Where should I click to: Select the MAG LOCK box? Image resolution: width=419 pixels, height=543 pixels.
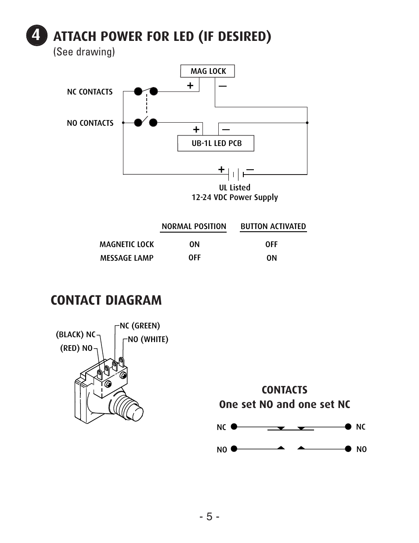coord(208,71)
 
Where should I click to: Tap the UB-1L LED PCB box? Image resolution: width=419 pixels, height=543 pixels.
coord(216,143)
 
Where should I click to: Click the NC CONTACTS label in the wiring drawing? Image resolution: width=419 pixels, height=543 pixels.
coord(90,92)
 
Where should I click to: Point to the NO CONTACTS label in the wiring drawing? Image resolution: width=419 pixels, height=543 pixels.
coord(90,123)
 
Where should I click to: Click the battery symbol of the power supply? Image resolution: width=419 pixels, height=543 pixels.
coord(236,174)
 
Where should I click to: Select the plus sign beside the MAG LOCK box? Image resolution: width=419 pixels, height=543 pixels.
coord(190,86)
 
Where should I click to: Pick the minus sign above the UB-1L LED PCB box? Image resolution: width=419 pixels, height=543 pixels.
coord(226,129)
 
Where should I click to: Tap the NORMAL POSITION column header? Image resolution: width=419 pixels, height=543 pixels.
coord(194,226)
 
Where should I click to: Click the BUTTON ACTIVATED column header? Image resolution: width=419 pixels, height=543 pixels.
coord(273,226)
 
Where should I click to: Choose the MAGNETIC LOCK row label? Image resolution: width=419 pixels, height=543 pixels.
coord(126,244)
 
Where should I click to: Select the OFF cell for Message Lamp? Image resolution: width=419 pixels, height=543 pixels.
coord(195,258)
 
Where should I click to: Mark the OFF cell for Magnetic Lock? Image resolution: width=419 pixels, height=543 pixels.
coord(271,244)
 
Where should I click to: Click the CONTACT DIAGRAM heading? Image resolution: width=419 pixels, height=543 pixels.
coord(106,300)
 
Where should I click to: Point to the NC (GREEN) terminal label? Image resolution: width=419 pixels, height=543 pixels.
coord(140,326)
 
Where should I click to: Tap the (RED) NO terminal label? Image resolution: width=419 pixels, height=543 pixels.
coord(76,348)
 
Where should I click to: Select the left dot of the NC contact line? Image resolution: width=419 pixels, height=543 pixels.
coord(234,426)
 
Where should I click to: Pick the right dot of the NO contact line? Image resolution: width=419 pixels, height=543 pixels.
coord(348,449)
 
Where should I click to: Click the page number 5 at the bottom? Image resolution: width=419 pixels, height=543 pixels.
coord(209,517)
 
